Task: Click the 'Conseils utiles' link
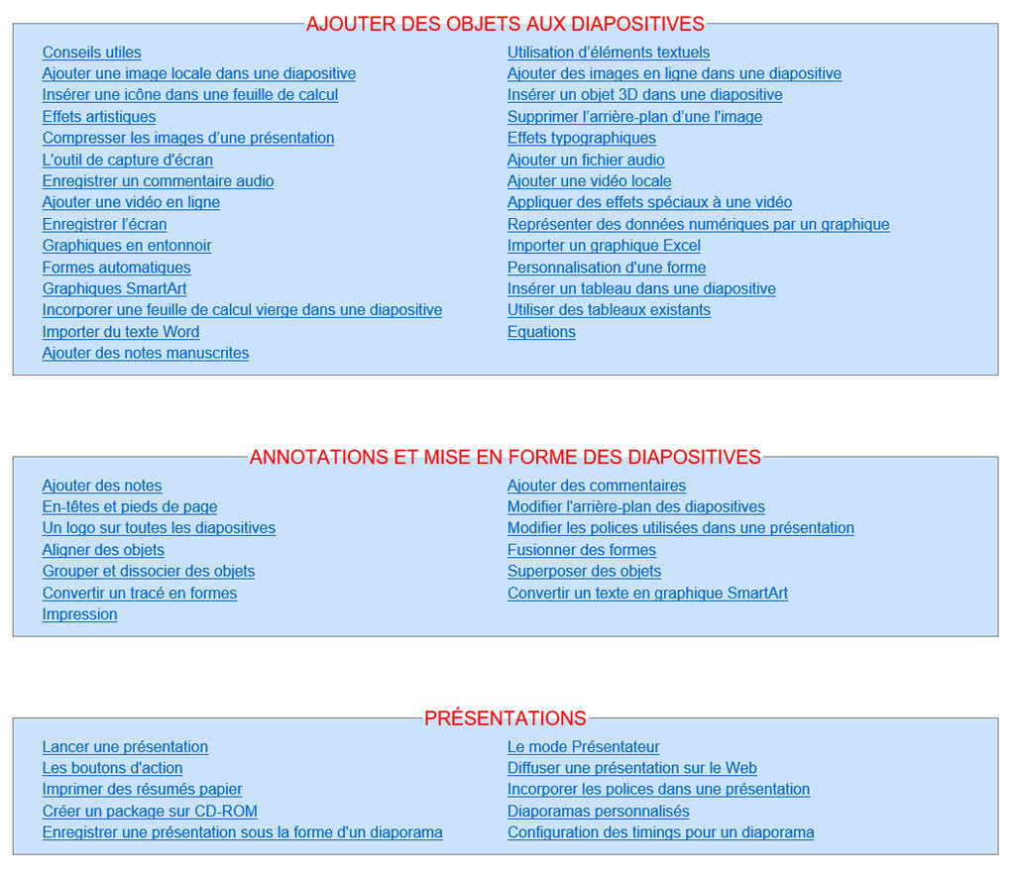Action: pos(91,53)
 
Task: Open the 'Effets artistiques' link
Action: pos(98,117)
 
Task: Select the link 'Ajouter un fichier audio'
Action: pos(586,160)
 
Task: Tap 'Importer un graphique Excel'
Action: pos(604,246)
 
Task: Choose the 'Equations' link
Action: pos(541,332)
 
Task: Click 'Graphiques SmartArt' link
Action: pos(114,289)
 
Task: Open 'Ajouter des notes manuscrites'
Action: pos(145,354)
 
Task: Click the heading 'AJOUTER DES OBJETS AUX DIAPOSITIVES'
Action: pos(506,24)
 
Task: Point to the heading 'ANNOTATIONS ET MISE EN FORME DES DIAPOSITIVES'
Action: pos(506,457)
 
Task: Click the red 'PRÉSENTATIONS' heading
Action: pos(506,718)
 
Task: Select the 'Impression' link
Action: pos(79,614)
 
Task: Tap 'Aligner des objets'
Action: pos(103,550)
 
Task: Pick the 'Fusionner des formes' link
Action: pos(582,550)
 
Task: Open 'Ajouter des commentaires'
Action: pos(597,486)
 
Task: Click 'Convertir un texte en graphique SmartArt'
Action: pos(647,594)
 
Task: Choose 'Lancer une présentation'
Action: pos(125,747)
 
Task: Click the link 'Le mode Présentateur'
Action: pos(583,747)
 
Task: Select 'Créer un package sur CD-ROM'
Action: pos(150,812)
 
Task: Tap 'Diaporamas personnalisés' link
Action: pos(598,812)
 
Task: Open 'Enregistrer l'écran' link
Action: pos(104,224)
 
